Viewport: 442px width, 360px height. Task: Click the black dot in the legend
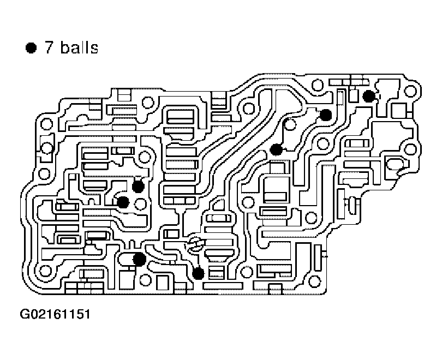tap(31, 49)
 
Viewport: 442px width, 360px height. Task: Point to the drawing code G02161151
tap(55, 315)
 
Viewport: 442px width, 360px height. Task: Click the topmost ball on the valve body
tap(369, 96)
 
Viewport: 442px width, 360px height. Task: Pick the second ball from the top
tap(326, 115)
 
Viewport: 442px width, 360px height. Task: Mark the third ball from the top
tap(277, 149)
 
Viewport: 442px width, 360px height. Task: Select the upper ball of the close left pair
tap(138, 186)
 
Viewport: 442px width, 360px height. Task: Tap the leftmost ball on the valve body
tap(123, 202)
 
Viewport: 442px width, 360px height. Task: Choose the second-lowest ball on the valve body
tap(139, 259)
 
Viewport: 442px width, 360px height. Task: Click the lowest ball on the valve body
tap(199, 273)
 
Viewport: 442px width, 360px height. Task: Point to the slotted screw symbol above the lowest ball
tap(194, 242)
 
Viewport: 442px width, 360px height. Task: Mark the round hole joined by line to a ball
tap(290, 125)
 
